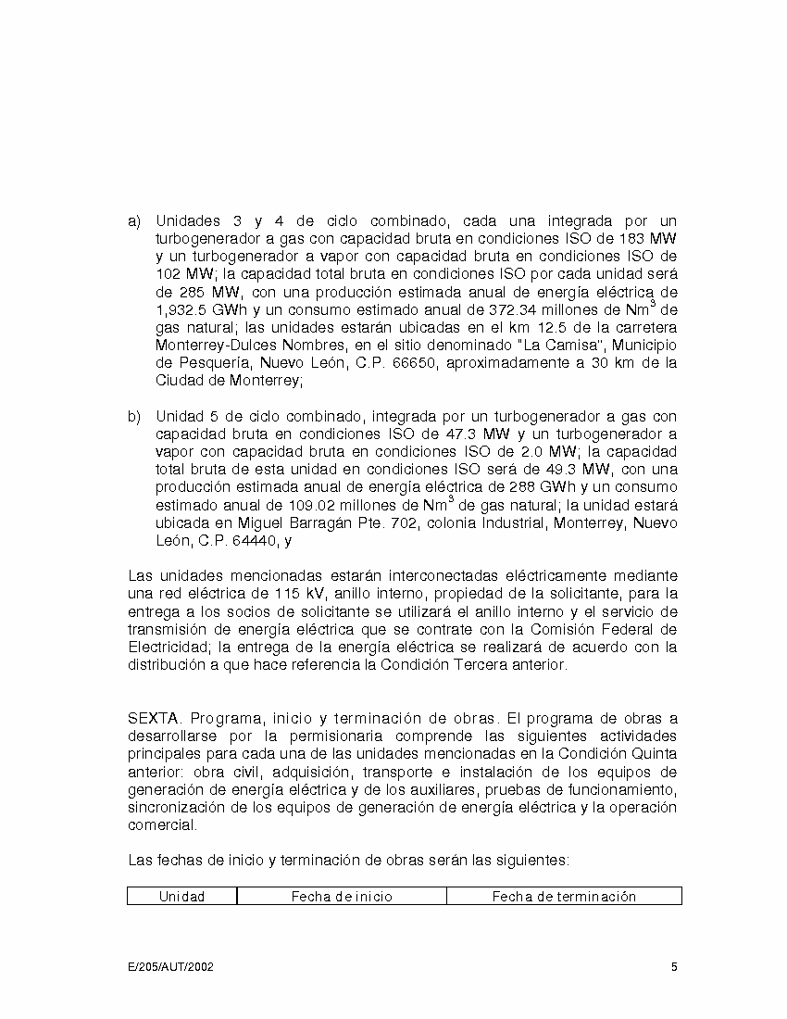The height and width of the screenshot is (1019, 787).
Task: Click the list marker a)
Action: pyautogui.click(x=133, y=221)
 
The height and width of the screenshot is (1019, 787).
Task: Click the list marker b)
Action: pyautogui.click(x=133, y=416)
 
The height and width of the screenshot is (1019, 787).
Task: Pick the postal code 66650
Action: pyautogui.click(x=413, y=363)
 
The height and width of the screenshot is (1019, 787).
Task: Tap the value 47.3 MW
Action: pyautogui.click(x=468, y=434)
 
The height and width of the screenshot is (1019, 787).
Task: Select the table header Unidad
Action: pyautogui.click(x=181, y=897)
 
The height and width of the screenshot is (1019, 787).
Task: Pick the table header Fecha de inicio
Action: pyautogui.click(x=341, y=897)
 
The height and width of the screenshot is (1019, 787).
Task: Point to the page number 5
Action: pyautogui.click(x=674, y=968)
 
